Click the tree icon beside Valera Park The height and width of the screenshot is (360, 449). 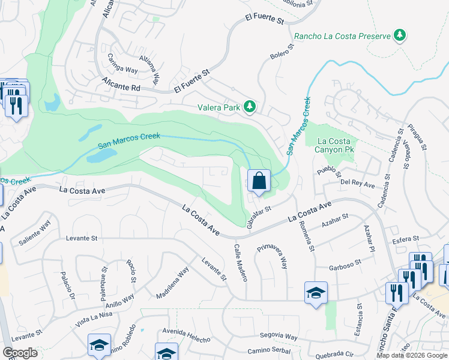[250, 107]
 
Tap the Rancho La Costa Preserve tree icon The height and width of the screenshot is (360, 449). [400, 35]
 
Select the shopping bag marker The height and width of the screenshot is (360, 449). [259, 181]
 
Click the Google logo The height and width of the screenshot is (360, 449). [20, 353]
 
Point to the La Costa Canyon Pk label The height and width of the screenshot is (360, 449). [333, 145]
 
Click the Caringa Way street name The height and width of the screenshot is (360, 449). [122, 64]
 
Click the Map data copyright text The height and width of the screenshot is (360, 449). [411, 355]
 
